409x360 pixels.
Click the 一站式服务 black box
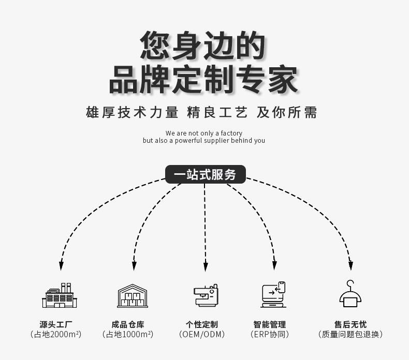[x=205, y=175]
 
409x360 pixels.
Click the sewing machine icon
[x=206, y=295]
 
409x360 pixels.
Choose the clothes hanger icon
[x=350, y=294]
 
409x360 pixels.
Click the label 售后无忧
[x=350, y=324]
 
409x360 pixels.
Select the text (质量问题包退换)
[x=350, y=335]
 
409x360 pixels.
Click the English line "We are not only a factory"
[x=204, y=133]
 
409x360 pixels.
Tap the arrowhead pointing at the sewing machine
[x=206, y=266]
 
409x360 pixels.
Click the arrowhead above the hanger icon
[x=350, y=266]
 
